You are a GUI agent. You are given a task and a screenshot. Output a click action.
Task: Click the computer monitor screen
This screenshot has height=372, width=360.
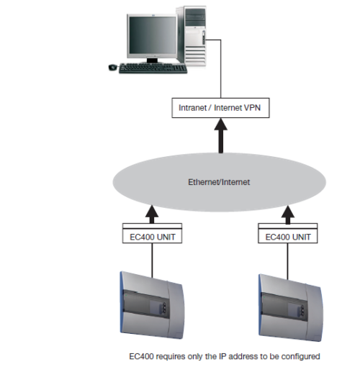click(x=152, y=35)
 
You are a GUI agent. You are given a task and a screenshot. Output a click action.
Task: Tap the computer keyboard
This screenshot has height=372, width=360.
click(x=153, y=68)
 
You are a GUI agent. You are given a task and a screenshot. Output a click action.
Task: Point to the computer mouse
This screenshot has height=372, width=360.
click(x=113, y=68)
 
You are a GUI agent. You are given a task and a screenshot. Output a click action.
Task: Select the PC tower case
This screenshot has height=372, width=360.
click(x=192, y=36)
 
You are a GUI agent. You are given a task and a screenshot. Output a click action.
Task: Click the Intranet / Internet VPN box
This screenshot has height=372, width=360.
click(x=220, y=108)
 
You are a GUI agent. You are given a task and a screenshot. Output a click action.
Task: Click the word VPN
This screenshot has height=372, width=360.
click(x=252, y=108)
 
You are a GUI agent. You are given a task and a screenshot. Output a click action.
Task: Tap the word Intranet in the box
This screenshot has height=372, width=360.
click(x=193, y=108)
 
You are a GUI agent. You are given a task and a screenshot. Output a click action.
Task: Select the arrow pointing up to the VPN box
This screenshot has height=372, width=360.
click(x=221, y=136)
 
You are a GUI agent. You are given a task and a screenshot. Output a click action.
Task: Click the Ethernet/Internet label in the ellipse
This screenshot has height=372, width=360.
click(x=219, y=182)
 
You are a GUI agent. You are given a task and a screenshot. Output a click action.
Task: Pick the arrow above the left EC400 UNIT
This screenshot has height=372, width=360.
click(x=152, y=214)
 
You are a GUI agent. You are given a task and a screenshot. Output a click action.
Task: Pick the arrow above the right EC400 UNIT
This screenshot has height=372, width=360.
click(x=288, y=215)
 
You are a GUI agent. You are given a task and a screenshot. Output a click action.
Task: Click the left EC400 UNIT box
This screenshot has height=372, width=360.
click(x=152, y=233)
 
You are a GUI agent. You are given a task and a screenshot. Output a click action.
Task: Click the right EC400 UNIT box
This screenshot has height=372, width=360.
click(x=288, y=233)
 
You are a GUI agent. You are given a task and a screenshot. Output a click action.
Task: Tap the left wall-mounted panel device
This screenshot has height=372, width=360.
click(x=152, y=305)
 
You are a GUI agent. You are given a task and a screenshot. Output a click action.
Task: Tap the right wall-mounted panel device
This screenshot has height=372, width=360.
click(x=290, y=308)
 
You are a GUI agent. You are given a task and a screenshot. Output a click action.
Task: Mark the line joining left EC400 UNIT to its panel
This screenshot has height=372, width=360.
click(x=152, y=260)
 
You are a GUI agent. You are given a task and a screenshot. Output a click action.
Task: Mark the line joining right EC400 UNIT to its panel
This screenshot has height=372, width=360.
click(x=287, y=261)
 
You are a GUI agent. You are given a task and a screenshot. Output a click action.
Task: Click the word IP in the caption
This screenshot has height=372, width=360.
click(x=222, y=356)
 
